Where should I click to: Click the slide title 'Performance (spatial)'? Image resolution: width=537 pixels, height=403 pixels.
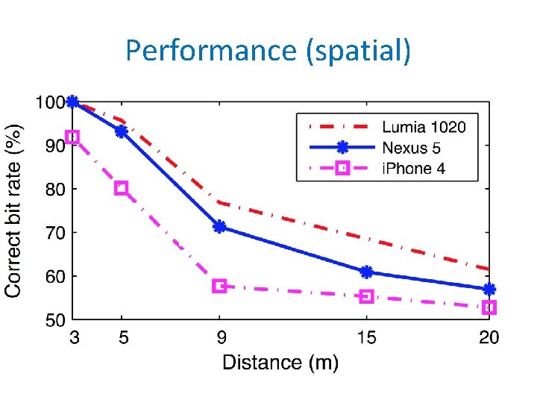click(268, 51)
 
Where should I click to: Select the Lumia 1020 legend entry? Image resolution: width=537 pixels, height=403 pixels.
click(424, 127)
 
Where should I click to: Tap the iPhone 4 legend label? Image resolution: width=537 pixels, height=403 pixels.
click(413, 169)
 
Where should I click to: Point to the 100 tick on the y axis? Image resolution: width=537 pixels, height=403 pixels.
click(50, 102)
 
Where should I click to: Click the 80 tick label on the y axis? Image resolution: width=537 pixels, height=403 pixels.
click(54, 190)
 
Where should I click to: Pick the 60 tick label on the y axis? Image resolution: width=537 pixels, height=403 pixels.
click(54, 277)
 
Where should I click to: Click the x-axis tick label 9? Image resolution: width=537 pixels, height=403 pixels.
click(222, 338)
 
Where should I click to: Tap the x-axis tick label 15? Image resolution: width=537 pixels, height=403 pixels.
click(365, 338)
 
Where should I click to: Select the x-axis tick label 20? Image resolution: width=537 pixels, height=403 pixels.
click(489, 338)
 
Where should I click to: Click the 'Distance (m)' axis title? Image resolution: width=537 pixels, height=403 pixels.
click(280, 363)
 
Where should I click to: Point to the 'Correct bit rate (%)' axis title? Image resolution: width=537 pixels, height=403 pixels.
click(14, 210)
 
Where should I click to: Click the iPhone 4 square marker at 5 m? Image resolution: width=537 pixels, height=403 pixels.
click(122, 188)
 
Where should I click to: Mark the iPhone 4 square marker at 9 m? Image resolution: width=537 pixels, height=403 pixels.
click(219, 286)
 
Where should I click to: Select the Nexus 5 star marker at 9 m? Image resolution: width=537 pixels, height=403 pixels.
click(219, 226)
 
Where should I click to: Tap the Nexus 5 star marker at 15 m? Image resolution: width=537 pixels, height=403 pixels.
click(366, 272)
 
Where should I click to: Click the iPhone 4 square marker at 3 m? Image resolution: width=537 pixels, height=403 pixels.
click(72, 137)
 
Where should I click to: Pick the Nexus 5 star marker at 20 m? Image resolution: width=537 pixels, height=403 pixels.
click(489, 289)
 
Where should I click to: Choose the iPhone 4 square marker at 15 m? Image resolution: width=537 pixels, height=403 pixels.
click(366, 296)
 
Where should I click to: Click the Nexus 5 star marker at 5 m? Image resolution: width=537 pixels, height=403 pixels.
click(122, 131)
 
